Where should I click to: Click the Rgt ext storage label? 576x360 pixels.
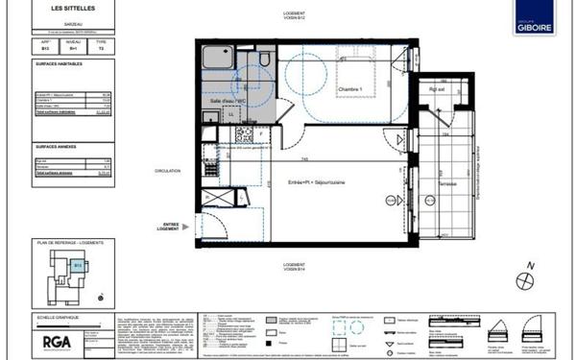[438, 89]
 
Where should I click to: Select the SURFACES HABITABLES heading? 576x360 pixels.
[60, 64]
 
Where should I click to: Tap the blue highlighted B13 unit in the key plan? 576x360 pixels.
[77, 264]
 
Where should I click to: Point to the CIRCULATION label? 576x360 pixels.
[167, 171]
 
